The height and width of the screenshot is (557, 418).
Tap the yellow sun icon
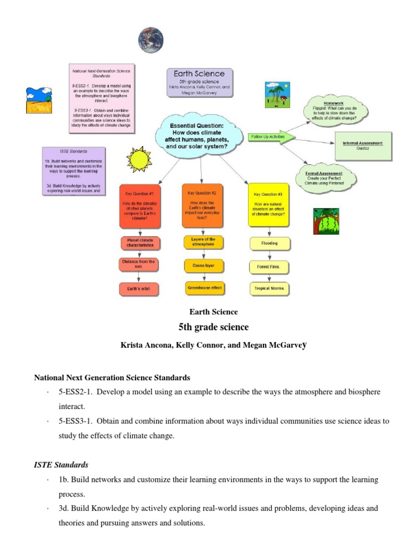point(139,159)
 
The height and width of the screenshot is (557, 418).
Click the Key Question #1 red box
point(140,207)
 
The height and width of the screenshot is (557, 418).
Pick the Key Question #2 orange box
point(202,206)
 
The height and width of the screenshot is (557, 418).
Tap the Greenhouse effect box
point(205,287)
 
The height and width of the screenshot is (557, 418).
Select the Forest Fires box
point(269,267)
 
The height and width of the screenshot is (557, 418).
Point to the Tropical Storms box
point(269,288)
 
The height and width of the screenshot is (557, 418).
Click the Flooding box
point(269,243)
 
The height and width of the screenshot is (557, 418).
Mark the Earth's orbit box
point(138,288)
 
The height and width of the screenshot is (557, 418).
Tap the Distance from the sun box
point(138,264)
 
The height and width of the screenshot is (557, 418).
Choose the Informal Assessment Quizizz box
point(363,145)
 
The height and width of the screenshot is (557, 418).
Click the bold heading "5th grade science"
point(213,327)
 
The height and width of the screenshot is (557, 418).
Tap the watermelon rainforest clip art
point(325,221)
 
